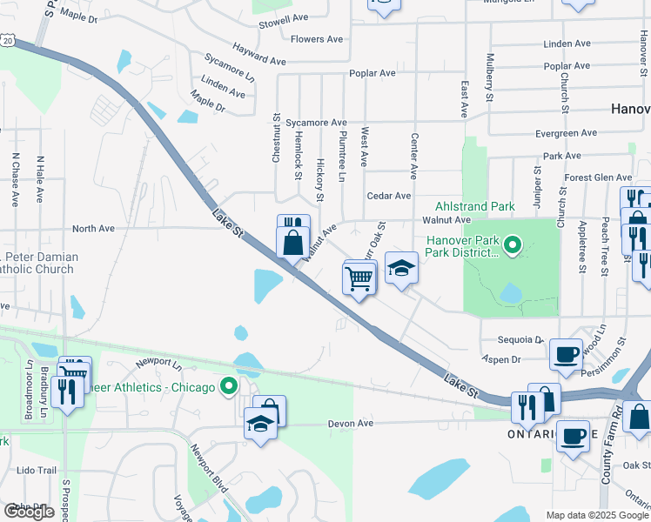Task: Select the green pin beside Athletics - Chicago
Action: point(229,386)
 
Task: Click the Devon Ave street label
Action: point(350,424)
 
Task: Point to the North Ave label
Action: point(93,229)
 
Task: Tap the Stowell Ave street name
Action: point(284,17)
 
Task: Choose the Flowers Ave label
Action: point(317,39)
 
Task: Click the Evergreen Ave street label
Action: point(567,133)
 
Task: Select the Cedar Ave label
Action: point(388,197)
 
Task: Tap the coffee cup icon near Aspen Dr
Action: point(566,353)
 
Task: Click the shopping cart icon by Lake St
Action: point(359,279)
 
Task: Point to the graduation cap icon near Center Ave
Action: point(401,268)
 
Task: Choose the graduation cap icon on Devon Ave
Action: point(260,424)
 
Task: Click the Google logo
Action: point(29,512)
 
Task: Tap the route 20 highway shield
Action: point(8,41)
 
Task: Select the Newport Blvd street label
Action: point(208,470)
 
